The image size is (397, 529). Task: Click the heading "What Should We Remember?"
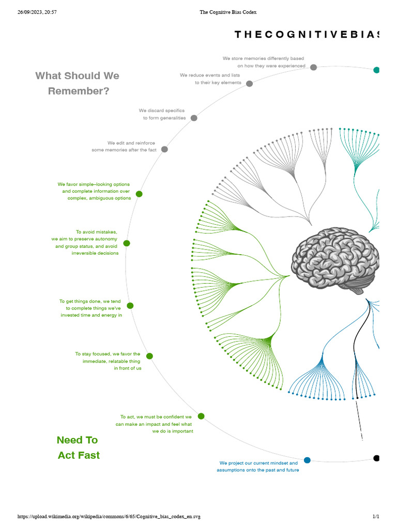pos(78,83)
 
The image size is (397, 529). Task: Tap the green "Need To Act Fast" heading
pos(78,447)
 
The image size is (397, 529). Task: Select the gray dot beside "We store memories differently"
pos(314,67)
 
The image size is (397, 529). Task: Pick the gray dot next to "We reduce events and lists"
pos(250,84)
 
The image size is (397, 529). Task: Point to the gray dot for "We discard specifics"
pos(194,118)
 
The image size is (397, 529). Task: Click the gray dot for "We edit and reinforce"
pos(164,149)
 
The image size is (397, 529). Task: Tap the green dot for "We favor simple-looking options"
pos(139,194)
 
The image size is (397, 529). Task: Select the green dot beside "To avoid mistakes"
pos(127,243)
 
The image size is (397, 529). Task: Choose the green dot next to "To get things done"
pos(130,306)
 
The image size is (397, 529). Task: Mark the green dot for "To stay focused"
pos(149,356)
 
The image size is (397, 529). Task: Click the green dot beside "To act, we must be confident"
pos(201,416)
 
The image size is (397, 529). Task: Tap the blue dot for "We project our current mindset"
pos(307,460)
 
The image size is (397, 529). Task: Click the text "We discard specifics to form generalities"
pos(162,114)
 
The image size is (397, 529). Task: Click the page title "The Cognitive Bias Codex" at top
pos(228,12)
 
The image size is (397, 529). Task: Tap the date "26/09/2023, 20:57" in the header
pos(37,12)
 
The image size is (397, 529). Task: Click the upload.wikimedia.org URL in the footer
pos(109,517)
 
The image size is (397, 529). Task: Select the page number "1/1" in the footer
pos(376,517)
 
